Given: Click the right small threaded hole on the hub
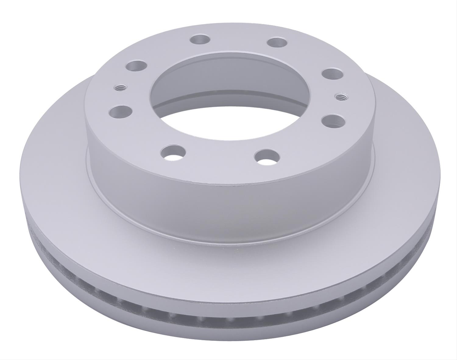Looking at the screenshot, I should (x=339, y=97).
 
